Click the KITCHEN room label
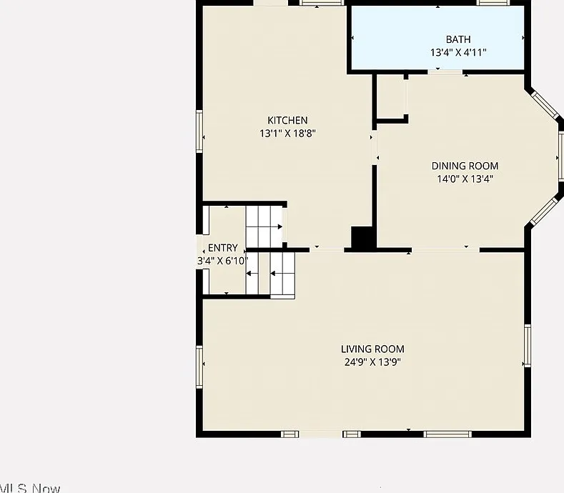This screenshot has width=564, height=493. pyautogui.click(x=287, y=120)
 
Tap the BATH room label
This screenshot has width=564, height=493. pyautogui.click(x=458, y=39)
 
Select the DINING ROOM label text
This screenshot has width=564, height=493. pyautogui.click(x=465, y=166)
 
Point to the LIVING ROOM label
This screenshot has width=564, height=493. pyautogui.click(x=372, y=349)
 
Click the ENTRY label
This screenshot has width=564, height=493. pyautogui.click(x=222, y=248)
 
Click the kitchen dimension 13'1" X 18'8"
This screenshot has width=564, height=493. pyautogui.click(x=287, y=134)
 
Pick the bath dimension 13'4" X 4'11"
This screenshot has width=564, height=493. pyautogui.click(x=458, y=52)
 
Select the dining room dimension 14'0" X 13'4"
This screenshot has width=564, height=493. pyautogui.click(x=465, y=179)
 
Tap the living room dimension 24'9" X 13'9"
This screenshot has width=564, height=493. pyautogui.click(x=372, y=362)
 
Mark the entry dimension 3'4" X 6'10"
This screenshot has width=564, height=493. pyautogui.click(x=222, y=261)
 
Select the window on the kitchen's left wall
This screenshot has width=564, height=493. pyautogui.click(x=199, y=131)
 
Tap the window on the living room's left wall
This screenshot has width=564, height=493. pyautogui.click(x=199, y=367)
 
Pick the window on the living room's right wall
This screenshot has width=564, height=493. pyautogui.click(x=528, y=346)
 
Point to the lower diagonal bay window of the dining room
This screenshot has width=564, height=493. pyautogui.click(x=545, y=211)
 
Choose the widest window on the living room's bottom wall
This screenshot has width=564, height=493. pyautogui.click(x=447, y=434)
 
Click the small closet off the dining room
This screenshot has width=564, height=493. pyautogui.click(x=390, y=96)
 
